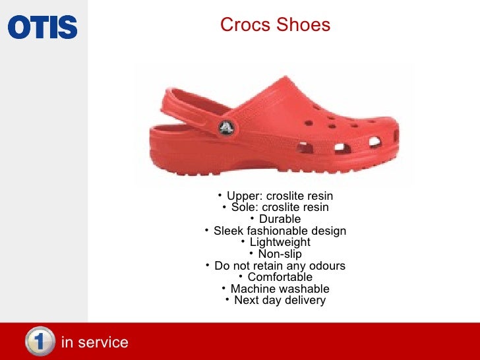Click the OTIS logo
[43, 27]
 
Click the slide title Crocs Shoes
[275, 25]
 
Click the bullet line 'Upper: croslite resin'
[280, 196]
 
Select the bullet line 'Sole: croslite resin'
[280, 208]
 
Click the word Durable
[280, 219]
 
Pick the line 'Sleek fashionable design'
[280, 231]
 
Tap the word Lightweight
[280, 242]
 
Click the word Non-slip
[280, 254]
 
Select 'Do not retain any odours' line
[280, 266]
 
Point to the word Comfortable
[280, 277]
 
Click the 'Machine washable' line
[280, 289]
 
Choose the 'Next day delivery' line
[280, 301]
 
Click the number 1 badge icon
[40, 342]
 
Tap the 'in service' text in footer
[94, 342]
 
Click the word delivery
[304, 301]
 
